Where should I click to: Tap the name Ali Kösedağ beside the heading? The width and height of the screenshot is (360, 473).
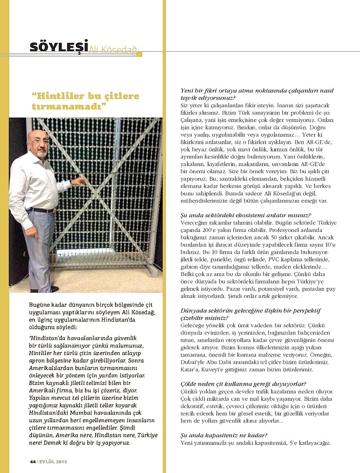pos(113,50)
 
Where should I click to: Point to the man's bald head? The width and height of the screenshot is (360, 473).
pos(37,135)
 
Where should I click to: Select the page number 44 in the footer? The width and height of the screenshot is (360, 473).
pos(33,462)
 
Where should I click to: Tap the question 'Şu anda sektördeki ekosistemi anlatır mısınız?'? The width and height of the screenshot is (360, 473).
pos(246,215)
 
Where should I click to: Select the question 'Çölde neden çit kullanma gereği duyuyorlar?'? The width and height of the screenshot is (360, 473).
pos(243,384)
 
